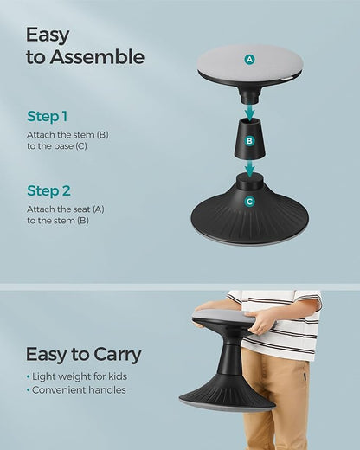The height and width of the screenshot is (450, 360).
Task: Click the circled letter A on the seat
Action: pos(249,60)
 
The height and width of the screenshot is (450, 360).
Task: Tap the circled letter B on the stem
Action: pos(249,141)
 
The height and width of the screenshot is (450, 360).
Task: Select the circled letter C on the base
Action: pos(249,202)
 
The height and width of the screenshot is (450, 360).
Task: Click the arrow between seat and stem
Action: pos(250,112)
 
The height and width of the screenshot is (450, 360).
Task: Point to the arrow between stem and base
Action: pos(250,168)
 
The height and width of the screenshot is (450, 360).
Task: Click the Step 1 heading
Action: pos(48,117)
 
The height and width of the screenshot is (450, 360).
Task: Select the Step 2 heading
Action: pos(48,190)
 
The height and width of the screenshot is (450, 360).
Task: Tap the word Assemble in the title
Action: pos(97,56)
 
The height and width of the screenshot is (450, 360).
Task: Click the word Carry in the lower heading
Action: pos(118,355)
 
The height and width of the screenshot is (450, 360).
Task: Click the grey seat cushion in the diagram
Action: pos(250,61)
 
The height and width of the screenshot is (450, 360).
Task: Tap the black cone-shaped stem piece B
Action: pos(250,138)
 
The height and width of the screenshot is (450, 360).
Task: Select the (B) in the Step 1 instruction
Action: pos(102,135)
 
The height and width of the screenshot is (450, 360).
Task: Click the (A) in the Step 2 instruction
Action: pos(99,209)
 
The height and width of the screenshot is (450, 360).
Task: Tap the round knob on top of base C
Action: pos(249,181)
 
